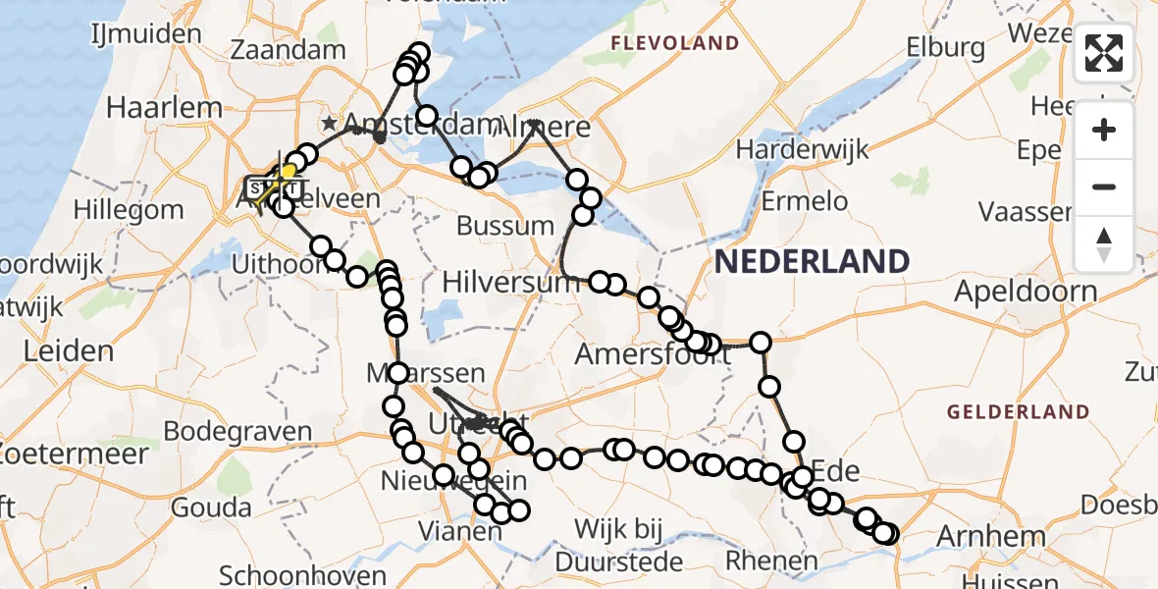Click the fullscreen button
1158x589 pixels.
click(1104, 53)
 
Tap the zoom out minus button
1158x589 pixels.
click(1104, 187)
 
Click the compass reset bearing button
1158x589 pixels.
click(1104, 243)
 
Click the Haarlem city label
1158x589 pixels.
click(150, 108)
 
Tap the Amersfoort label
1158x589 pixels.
click(652, 353)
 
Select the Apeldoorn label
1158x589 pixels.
click(1026, 292)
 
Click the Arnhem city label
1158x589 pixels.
click(991, 537)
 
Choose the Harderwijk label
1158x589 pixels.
click(803, 150)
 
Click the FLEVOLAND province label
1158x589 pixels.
click(674, 43)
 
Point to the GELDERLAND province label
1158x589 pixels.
click(1019, 412)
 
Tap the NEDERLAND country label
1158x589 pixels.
click(812, 261)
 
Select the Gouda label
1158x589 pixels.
click(211, 508)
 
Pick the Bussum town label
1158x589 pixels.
click(504, 226)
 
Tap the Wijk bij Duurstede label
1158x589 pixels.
click(618, 545)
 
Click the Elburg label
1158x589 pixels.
click(946, 47)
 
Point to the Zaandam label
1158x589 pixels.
click(288, 49)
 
